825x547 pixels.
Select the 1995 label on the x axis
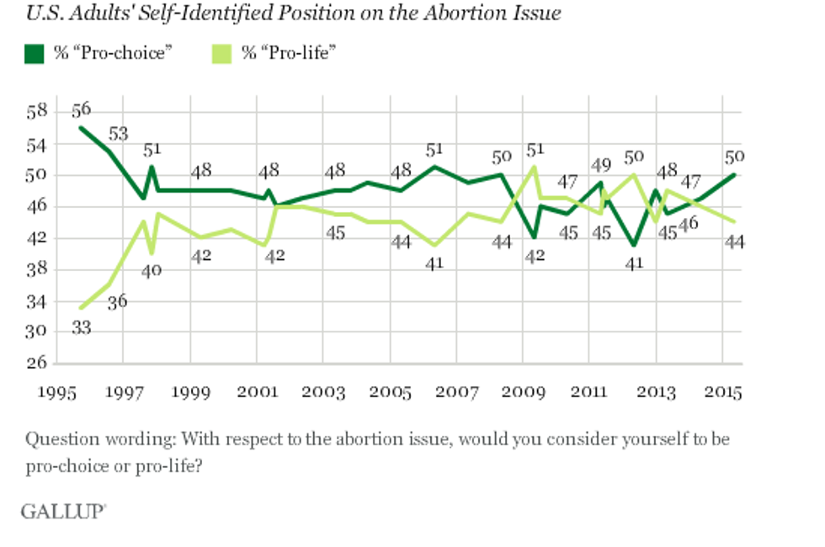[x=56, y=392]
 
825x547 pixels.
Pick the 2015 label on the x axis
[x=724, y=392]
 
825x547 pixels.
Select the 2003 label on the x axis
[x=324, y=392]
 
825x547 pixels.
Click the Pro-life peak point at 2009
[x=534, y=167]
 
